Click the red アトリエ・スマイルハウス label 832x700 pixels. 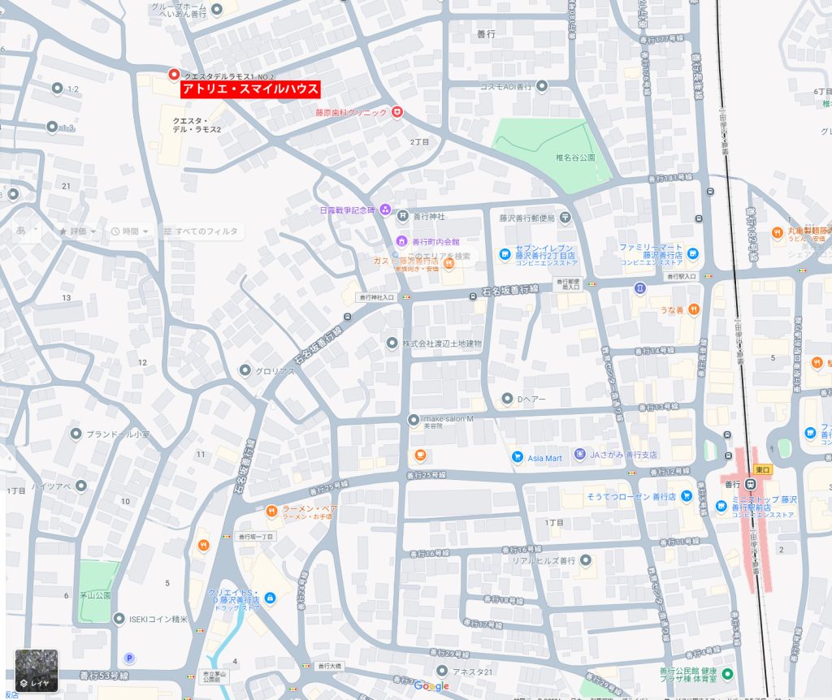(250, 89)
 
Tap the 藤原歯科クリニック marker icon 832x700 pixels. (396, 112)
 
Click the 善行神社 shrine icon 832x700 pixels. (402, 216)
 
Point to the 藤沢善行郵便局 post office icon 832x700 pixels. (565, 217)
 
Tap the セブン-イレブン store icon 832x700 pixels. (505, 254)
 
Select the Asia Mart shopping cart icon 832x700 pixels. (517, 457)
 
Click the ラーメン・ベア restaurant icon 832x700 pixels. (272, 511)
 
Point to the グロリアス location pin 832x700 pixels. (245, 370)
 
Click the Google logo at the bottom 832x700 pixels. (431, 686)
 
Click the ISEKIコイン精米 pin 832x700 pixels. (119, 619)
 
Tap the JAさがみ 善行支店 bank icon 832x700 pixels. (579, 455)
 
